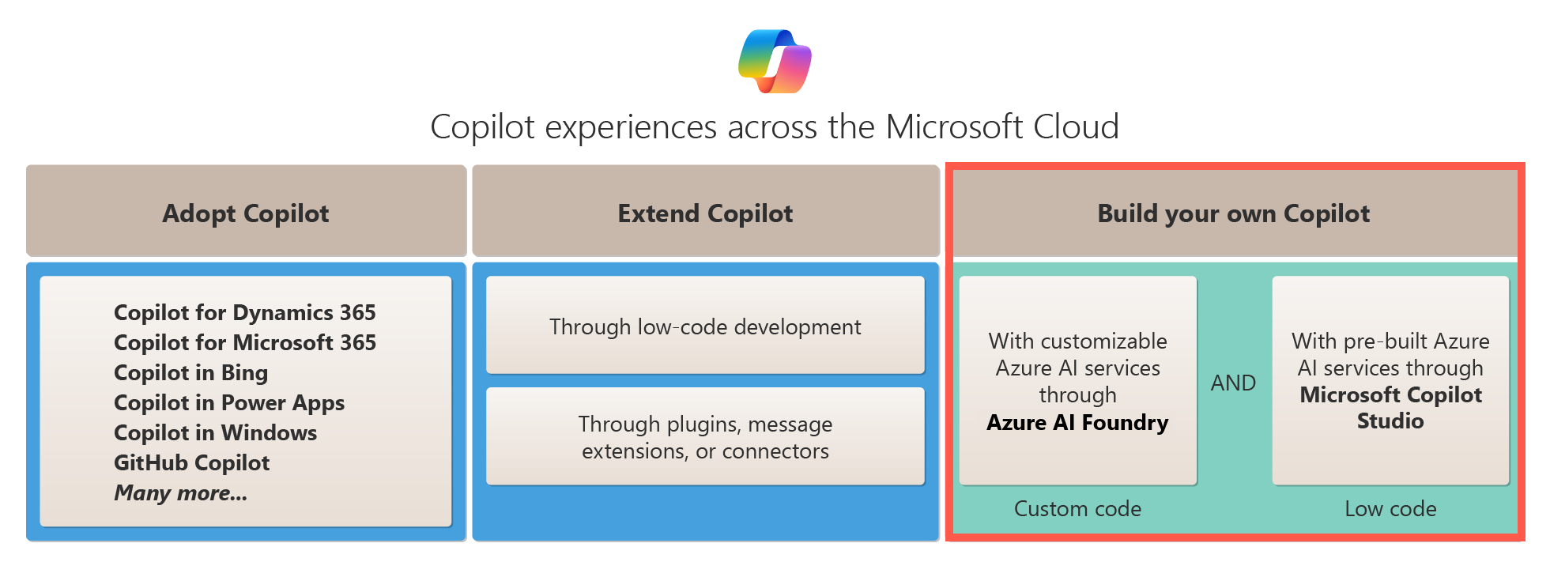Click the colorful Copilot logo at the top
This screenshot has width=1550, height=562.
tap(775, 61)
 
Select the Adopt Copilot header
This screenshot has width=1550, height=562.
tap(246, 213)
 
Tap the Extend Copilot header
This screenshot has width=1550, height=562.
tap(705, 213)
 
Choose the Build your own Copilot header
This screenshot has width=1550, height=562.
tap(1233, 213)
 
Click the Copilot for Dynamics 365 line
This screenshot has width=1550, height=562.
tap(244, 312)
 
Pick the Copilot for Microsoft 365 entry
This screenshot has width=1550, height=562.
tap(244, 342)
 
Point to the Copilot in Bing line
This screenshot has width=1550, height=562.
tap(190, 372)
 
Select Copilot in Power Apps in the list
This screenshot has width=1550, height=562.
tap(229, 402)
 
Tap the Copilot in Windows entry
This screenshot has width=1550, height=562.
tap(215, 432)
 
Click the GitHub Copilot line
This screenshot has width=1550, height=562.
tap(191, 462)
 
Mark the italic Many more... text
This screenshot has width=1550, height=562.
tap(180, 492)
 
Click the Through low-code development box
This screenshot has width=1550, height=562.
tap(705, 326)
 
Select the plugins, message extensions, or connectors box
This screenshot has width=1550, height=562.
tap(705, 436)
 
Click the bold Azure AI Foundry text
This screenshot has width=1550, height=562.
tap(1077, 422)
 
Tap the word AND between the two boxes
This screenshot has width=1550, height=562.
tap(1233, 383)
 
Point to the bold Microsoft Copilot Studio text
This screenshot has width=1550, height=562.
tap(1390, 407)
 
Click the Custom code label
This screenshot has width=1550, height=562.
tap(1077, 508)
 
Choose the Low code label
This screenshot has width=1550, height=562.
tap(1390, 508)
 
